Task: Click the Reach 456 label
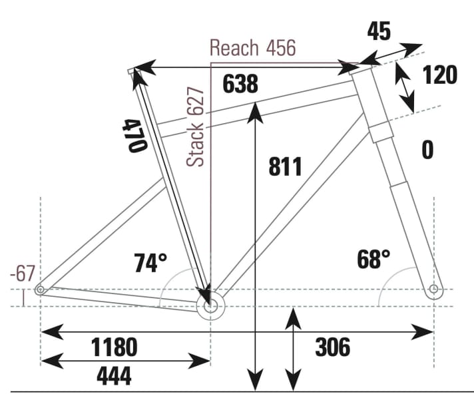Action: tap(252, 48)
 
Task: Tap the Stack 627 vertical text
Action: tap(196, 126)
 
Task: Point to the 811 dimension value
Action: tap(286, 166)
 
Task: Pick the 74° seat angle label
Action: tap(150, 263)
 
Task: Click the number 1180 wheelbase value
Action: tap(115, 347)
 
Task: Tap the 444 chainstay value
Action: tap(114, 377)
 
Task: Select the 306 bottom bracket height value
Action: tap(332, 347)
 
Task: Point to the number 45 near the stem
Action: tap(379, 31)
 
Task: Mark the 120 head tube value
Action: tap(440, 75)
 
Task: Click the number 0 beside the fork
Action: tap(427, 150)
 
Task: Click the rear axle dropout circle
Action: tap(41, 290)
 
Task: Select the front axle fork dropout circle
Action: tap(434, 289)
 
